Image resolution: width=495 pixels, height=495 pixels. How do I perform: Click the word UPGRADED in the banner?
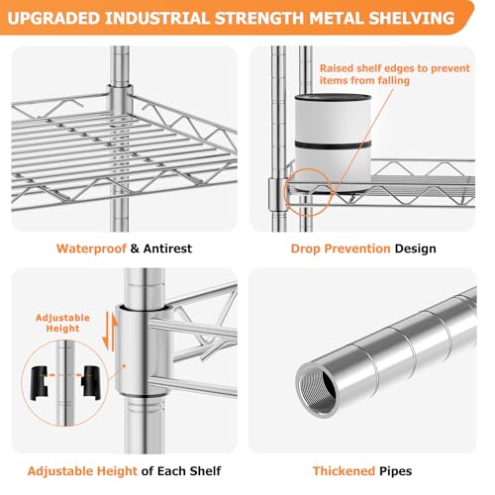(53, 18)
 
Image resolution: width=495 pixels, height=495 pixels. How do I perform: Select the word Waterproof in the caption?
(91, 248)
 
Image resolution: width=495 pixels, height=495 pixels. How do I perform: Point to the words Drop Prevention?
(341, 248)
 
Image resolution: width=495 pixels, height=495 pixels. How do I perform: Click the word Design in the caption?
(416, 248)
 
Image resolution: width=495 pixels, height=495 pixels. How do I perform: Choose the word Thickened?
(344, 471)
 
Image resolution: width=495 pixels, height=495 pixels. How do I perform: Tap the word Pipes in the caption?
(396, 471)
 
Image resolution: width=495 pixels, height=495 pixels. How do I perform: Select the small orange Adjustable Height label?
(62, 323)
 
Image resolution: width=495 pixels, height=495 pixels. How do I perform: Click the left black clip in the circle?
(40, 383)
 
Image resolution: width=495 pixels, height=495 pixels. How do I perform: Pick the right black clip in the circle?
(90, 383)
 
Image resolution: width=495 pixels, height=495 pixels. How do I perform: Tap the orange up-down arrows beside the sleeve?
(110, 332)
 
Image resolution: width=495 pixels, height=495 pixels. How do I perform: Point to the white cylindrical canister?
(333, 144)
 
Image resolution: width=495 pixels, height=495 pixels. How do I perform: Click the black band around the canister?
(333, 146)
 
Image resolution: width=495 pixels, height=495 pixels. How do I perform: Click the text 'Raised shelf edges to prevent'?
(395, 68)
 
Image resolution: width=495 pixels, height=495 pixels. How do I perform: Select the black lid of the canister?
(333, 97)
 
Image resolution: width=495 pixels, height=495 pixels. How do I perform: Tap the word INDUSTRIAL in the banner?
(157, 18)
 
